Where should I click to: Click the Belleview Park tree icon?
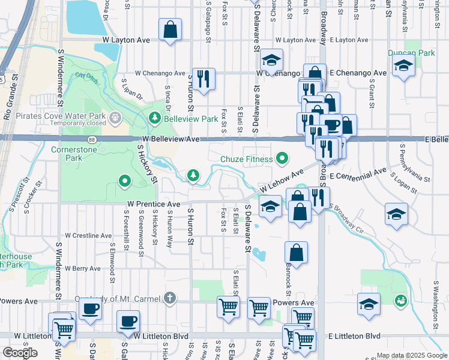[155, 119]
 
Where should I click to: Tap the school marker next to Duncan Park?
[403, 66]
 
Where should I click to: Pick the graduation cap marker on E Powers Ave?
[369, 304]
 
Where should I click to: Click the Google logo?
[20, 353]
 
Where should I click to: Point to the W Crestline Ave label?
[89, 236]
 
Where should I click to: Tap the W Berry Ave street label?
[83, 268]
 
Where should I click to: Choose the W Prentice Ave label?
[154, 204]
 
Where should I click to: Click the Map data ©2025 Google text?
[412, 355]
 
